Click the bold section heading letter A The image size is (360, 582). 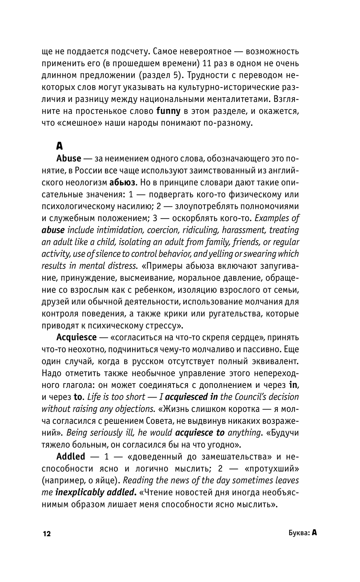[x=59, y=146]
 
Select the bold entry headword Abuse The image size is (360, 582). [x=69, y=158]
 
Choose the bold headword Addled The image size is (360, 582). [x=71, y=456]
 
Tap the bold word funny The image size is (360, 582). [x=168, y=111]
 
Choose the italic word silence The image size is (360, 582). [x=121, y=254]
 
